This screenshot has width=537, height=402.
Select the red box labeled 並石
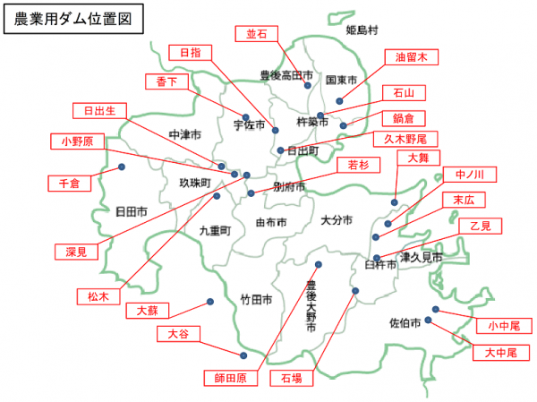coord(257,34)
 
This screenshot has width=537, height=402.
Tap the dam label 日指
coord(191,53)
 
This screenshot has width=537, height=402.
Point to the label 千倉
coord(69,183)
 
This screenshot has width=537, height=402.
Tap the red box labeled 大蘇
coord(147,310)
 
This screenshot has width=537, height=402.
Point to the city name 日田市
coord(131,212)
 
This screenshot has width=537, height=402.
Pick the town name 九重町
coord(215,230)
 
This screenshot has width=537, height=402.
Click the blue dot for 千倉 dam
coord(122,167)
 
